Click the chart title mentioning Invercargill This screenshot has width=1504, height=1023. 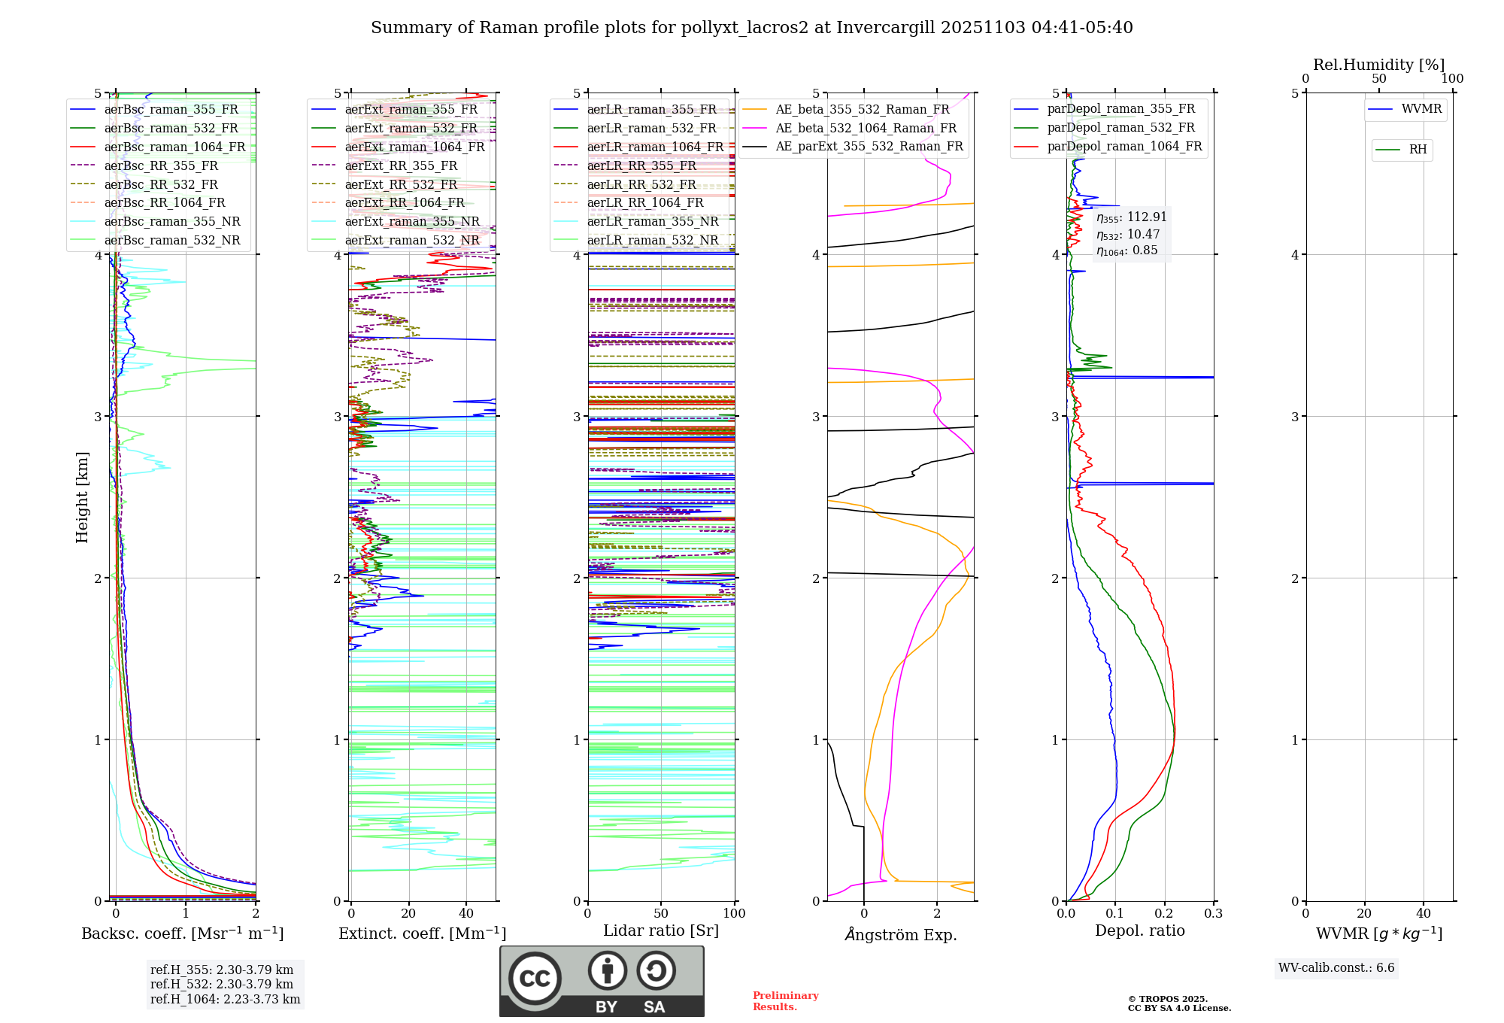point(751,28)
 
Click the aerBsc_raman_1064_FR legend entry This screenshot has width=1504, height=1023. point(174,147)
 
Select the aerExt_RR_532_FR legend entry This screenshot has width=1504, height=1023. point(401,184)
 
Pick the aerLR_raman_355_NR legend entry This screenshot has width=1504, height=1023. point(652,221)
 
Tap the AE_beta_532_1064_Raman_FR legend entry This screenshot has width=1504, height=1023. point(866,128)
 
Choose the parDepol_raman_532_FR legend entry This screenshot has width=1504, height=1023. point(1120,128)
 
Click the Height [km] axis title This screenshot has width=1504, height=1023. point(82,497)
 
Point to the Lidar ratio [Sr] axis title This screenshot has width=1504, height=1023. point(661,930)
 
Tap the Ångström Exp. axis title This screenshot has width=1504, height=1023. point(900,935)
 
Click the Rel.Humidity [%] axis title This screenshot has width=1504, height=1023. point(1378,65)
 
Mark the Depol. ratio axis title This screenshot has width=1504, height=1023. point(1139,930)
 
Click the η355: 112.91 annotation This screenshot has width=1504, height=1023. point(1132,217)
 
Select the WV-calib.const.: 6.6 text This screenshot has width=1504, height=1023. point(1336,967)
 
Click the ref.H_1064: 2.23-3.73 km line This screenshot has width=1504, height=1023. point(225,999)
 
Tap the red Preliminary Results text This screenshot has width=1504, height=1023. point(785,1000)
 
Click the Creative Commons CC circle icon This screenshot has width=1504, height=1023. point(535,978)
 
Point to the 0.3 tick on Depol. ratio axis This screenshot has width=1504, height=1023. point(1213,913)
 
